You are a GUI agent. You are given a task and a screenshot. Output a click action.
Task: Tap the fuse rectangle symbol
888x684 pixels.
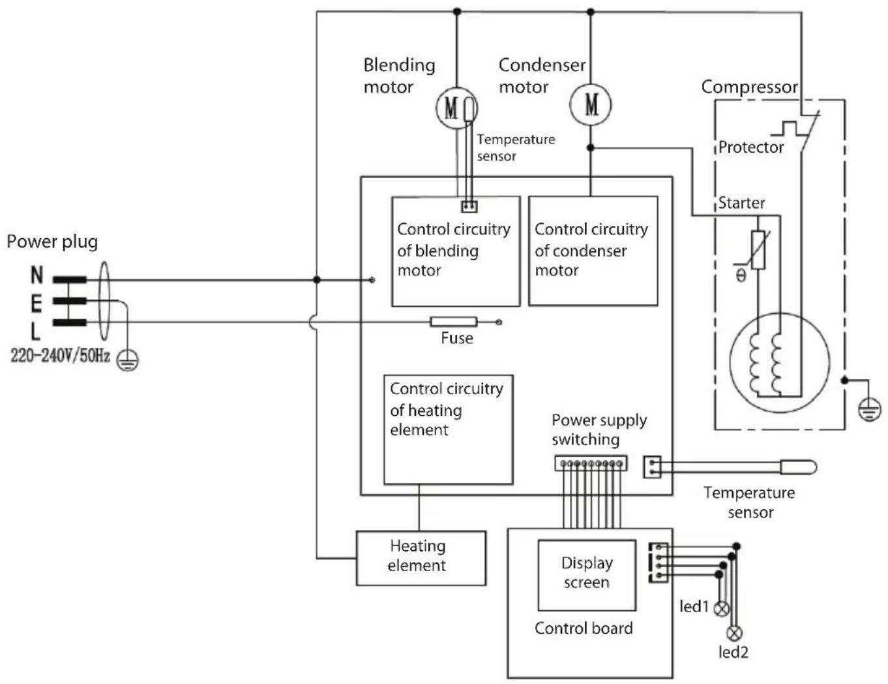pos(454,322)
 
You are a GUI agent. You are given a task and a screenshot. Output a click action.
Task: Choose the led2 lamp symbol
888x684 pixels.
pos(734,633)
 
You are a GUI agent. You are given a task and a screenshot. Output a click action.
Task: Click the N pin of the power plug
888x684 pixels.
pos(70,280)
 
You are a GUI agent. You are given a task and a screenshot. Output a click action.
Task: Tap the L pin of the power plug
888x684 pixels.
pos(70,322)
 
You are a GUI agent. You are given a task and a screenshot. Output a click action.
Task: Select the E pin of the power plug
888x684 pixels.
pos(70,301)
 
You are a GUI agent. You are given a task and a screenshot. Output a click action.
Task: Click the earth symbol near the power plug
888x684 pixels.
pos(128,360)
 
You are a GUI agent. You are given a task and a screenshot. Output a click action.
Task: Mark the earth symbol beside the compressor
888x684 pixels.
pos(869,411)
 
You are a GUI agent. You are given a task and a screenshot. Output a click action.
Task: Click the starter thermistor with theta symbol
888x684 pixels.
pos(758,250)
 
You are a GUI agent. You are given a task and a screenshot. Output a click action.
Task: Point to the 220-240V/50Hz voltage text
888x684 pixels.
pos(60,356)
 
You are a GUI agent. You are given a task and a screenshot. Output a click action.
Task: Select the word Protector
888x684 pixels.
pos(751,148)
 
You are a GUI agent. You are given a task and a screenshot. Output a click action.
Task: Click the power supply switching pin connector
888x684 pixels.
pos(591,463)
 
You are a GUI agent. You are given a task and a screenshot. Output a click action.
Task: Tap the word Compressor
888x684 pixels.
pos(750,87)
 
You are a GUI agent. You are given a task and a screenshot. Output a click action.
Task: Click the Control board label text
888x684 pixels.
pos(584,628)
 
